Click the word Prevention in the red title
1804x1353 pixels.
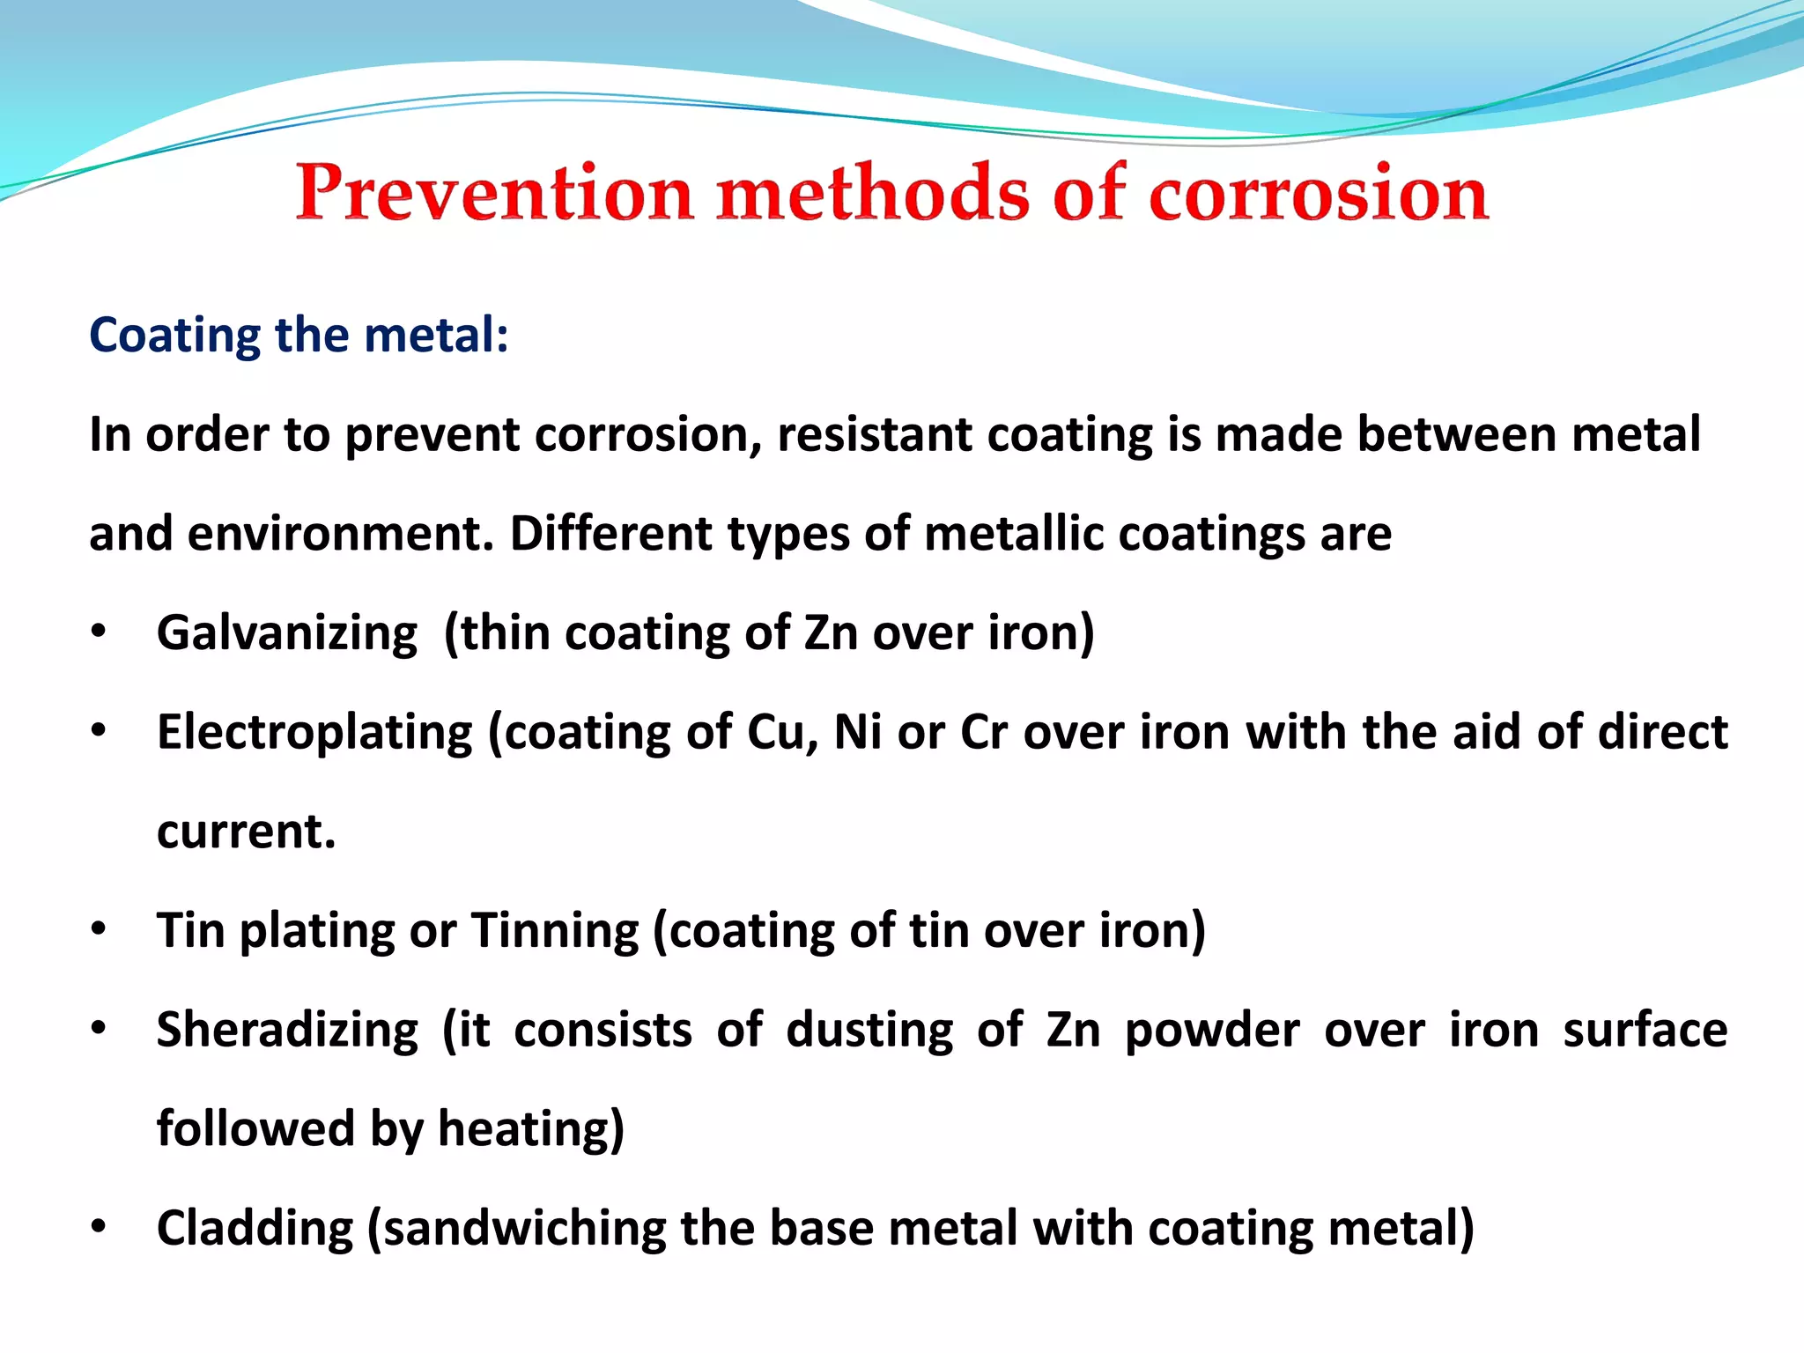[x=494, y=194]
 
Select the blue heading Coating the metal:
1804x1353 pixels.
[x=299, y=336]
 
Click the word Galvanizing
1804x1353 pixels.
[x=287, y=633]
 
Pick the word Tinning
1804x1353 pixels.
[x=555, y=931]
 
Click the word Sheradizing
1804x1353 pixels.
[x=287, y=1031]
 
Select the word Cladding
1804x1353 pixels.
[x=255, y=1229]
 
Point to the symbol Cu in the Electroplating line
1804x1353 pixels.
[x=780, y=733]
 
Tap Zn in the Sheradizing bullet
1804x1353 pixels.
[x=1073, y=1031]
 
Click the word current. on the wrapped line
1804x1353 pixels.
[x=247, y=832]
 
